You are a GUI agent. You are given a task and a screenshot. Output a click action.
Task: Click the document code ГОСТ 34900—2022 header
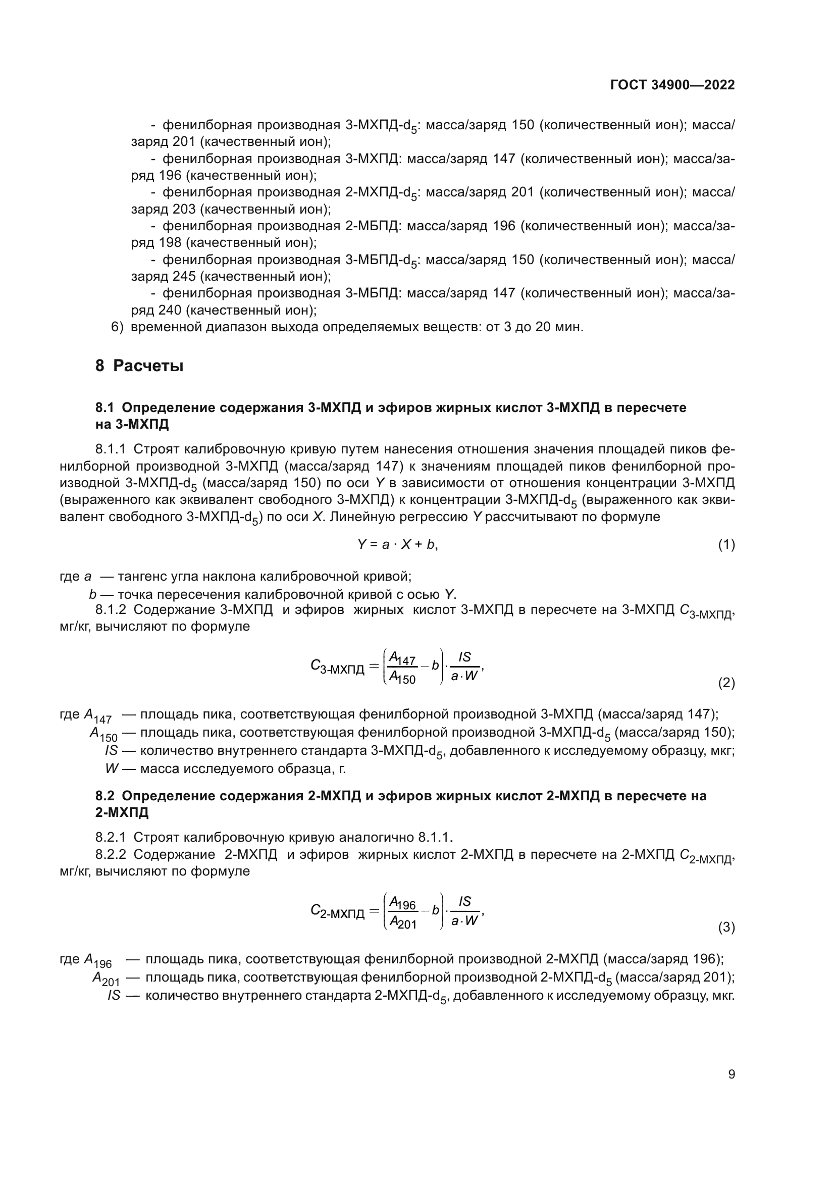(672, 85)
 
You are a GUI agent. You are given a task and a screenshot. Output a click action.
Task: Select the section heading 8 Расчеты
(139, 366)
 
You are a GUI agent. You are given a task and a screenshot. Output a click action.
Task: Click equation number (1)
(726, 545)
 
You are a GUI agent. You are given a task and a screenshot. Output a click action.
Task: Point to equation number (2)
(726, 683)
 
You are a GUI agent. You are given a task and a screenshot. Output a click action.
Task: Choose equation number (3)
(726, 928)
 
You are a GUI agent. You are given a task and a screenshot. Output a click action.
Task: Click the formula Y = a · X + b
(397, 545)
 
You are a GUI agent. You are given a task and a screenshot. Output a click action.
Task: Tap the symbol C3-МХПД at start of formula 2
(337, 667)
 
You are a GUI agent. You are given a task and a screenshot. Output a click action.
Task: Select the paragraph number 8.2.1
(110, 837)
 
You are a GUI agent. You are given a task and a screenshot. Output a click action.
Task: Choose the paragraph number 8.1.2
(110, 610)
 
